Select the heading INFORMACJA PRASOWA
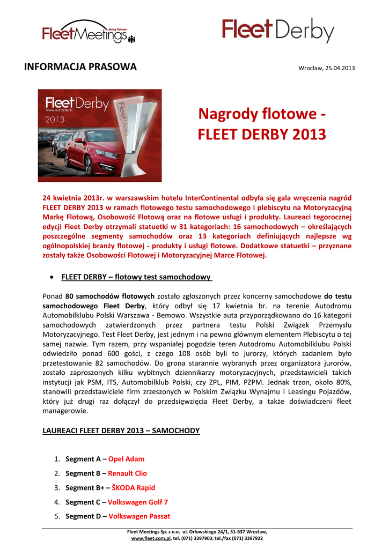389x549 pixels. point(81,67)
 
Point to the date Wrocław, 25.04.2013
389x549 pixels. point(326,68)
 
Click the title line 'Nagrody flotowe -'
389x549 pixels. point(261,114)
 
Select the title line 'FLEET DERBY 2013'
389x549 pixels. point(262,133)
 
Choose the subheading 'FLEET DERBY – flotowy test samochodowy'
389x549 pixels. point(137,277)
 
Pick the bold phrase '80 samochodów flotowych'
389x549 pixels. point(111,296)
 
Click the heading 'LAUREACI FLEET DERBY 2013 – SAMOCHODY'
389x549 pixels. point(121,431)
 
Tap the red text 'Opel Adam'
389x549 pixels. point(126,459)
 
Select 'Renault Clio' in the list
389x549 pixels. point(127,473)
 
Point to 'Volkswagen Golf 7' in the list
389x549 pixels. point(138,502)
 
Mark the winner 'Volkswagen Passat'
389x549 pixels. point(140,516)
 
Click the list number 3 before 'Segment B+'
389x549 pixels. point(57,488)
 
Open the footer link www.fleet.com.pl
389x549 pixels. point(151,538)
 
